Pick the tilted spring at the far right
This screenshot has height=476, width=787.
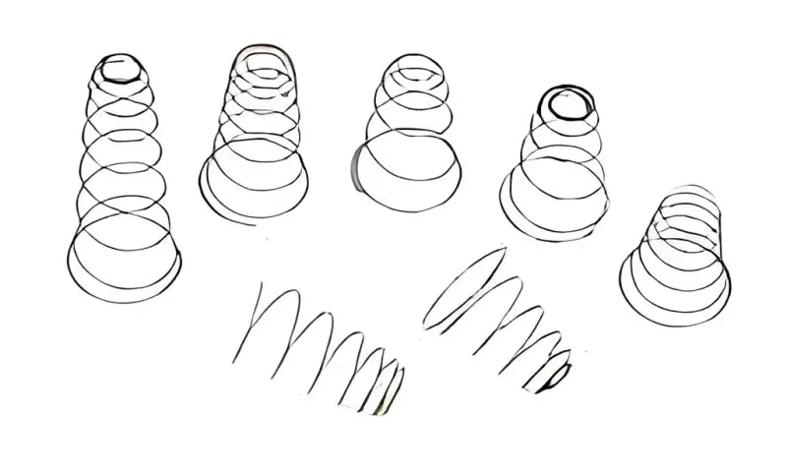(x=679, y=251)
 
